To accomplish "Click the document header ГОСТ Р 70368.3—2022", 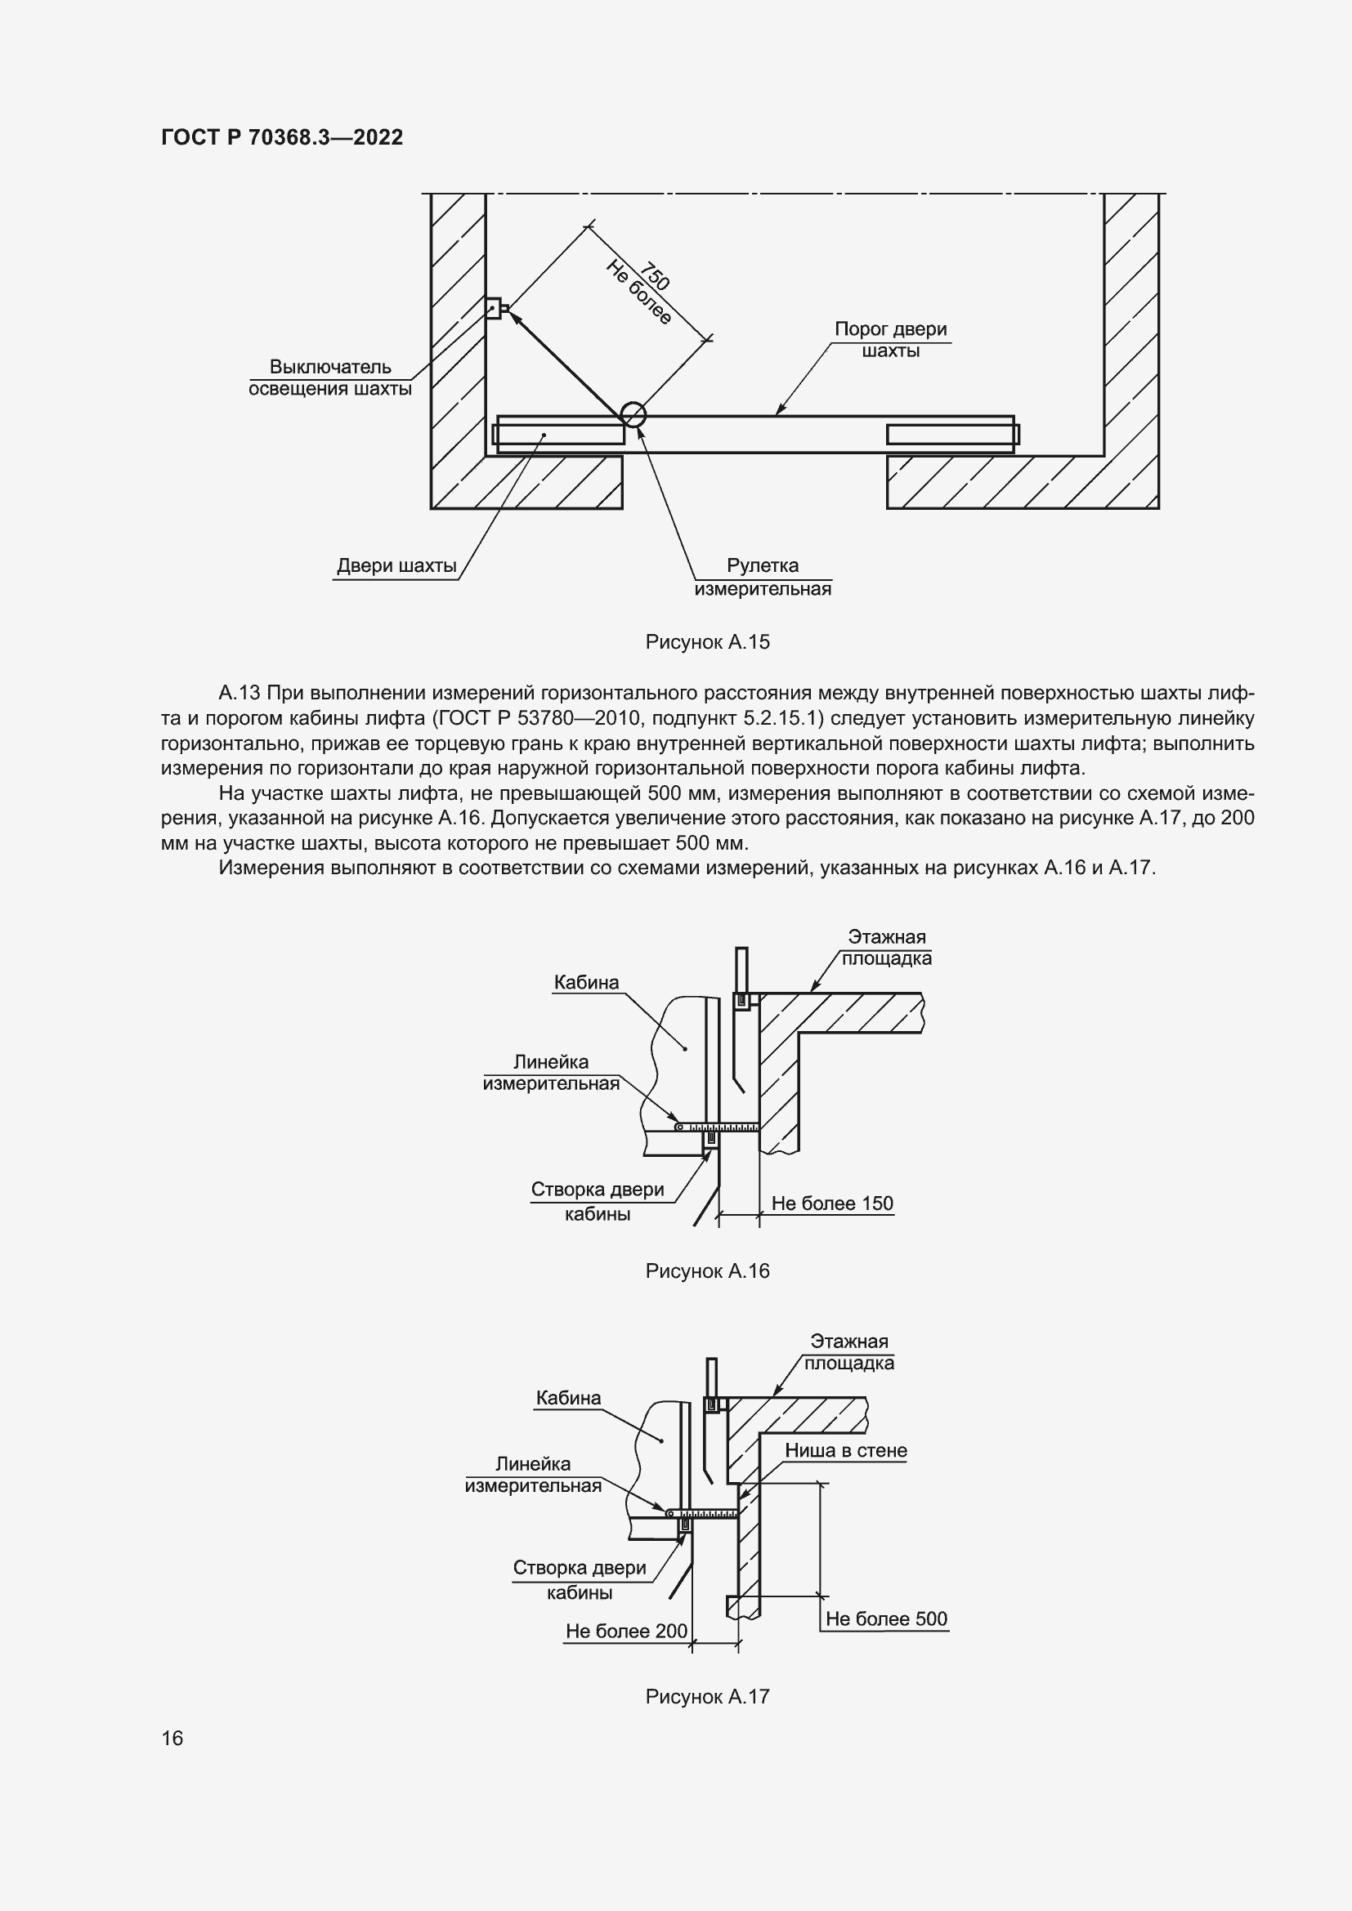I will click(x=281, y=137).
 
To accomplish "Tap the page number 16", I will click(x=172, y=1738).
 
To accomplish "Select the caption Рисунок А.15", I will click(x=707, y=641).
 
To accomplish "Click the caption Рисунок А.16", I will click(x=707, y=1271).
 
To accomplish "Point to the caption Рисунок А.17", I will click(x=707, y=1696).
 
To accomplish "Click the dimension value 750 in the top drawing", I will click(x=655, y=275).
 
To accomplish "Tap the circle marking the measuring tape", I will click(x=633, y=413).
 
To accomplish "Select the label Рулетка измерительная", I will click(x=763, y=577).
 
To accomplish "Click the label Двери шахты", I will click(x=396, y=567).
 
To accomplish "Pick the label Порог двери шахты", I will click(x=891, y=340).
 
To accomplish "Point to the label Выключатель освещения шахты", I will click(x=330, y=378).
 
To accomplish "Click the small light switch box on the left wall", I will click(x=494, y=309).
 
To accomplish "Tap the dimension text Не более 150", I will click(x=831, y=1203).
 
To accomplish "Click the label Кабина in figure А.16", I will click(x=586, y=983).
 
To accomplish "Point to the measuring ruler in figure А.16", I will click(x=716, y=1127).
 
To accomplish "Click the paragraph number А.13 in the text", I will click(x=240, y=694).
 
